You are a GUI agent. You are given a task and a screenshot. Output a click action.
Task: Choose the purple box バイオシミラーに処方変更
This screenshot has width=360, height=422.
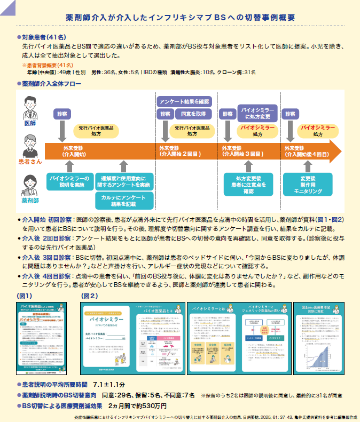(x=257, y=113)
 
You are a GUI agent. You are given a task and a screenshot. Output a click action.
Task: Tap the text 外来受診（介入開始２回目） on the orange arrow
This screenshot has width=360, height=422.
(x=180, y=151)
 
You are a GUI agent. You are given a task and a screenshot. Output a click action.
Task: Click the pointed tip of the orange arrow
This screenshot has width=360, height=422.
(x=340, y=150)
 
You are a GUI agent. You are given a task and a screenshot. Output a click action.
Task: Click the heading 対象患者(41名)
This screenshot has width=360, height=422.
(x=44, y=38)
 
